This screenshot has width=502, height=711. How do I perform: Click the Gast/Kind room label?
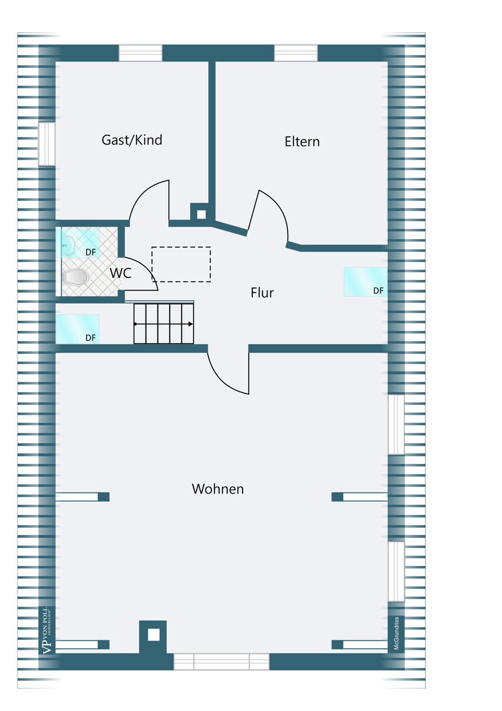[132, 140]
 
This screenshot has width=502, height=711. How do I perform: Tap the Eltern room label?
[302, 142]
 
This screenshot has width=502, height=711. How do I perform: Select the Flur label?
[262, 292]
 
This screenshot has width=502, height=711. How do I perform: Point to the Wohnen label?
[218, 489]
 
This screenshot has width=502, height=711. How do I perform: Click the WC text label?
[120, 273]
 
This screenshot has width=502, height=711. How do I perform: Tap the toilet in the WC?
[75, 276]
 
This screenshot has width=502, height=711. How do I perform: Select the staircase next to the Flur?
[164, 323]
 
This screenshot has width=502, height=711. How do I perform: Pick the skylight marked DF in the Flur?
[365, 282]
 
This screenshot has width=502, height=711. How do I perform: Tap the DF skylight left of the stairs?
[77, 329]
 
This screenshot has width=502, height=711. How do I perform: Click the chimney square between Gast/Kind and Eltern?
[201, 215]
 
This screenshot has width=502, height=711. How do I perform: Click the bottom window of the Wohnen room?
[221, 661]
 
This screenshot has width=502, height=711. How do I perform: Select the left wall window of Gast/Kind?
[46, 144]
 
